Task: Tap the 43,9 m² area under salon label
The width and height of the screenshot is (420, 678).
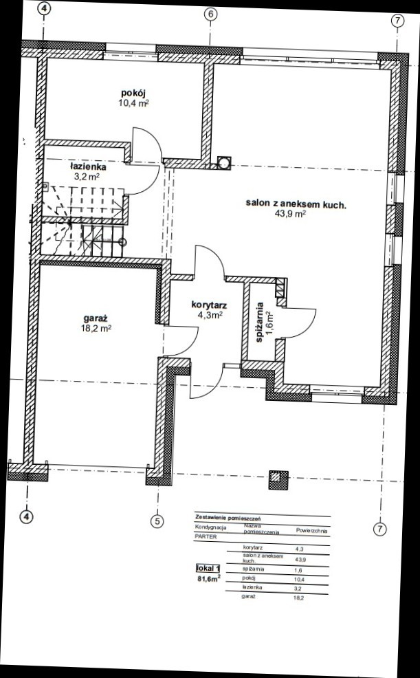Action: tap(290, 214)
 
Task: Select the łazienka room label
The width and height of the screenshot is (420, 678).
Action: tap(88, 167)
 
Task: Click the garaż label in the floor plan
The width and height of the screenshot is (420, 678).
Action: tap(96, 318)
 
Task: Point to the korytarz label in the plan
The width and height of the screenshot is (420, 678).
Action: tap(209, 305)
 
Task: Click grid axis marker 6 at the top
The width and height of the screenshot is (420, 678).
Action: tap(210, 14)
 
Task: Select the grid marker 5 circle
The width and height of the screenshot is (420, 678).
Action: tap(157, 521)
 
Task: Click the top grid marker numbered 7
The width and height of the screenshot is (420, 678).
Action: tap(397, 21)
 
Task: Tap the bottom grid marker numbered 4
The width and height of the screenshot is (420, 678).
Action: tap(27, 516)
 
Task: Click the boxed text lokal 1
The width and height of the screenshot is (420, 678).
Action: tap(208, 569)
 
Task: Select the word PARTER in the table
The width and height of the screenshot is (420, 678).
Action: tap(206, 537)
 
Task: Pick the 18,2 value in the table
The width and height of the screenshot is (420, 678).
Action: tap(298, 598)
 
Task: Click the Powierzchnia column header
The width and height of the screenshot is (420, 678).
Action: tap(311, 531)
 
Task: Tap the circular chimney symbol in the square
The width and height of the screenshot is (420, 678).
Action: tap(224, 162)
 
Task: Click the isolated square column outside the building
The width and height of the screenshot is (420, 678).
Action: tap(278, 480)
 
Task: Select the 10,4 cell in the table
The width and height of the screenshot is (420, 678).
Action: tap(298, 579)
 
